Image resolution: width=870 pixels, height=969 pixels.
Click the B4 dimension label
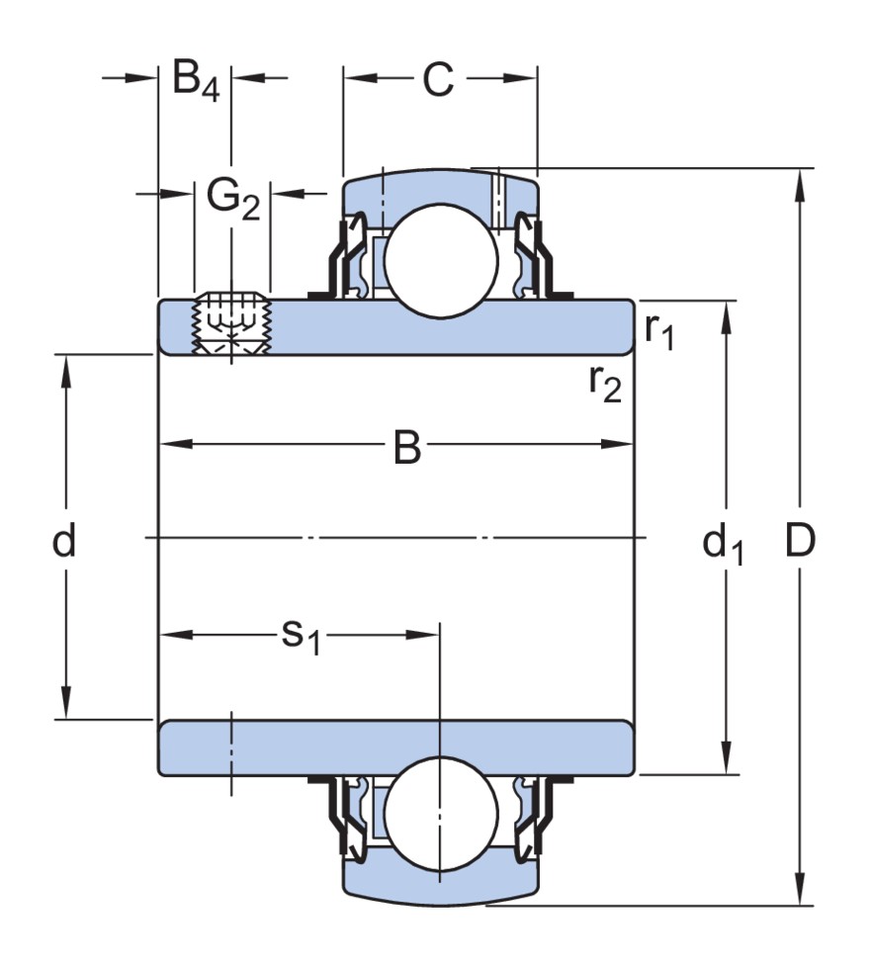point(195,79)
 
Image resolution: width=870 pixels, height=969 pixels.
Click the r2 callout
point(605,385)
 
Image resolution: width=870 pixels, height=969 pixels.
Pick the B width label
point(406,448)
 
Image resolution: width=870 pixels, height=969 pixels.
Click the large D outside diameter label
point(800,541)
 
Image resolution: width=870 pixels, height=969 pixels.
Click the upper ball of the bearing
point(440,261)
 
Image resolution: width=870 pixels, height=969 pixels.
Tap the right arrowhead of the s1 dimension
point(427,634)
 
